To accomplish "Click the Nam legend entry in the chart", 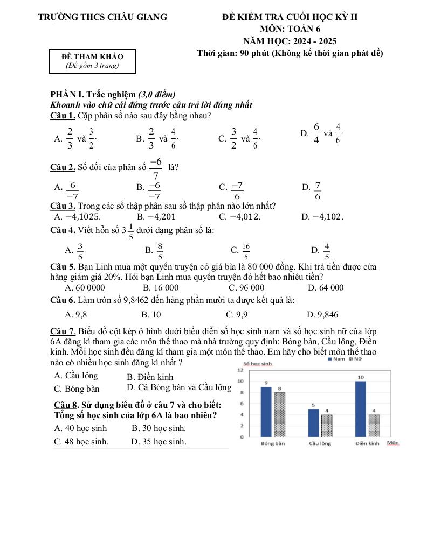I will (337, 359).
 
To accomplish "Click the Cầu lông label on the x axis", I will (320, 444).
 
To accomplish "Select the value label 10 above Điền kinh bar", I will (361, 377).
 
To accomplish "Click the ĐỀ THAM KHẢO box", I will (92, 61).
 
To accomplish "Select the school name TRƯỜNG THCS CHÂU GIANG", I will (102, 17).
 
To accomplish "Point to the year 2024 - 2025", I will (313, 41).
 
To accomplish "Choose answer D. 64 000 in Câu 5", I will (325, 287).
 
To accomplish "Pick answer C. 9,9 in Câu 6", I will (237, 314).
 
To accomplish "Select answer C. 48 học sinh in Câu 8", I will (81, 442).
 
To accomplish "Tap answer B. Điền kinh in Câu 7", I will (150, 377).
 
